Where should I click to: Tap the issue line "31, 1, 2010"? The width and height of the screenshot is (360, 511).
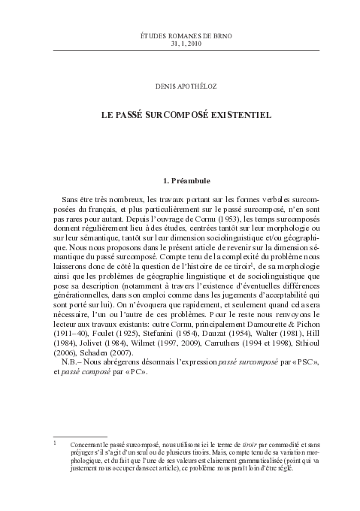pyautogui.click(x=180, y=44)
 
